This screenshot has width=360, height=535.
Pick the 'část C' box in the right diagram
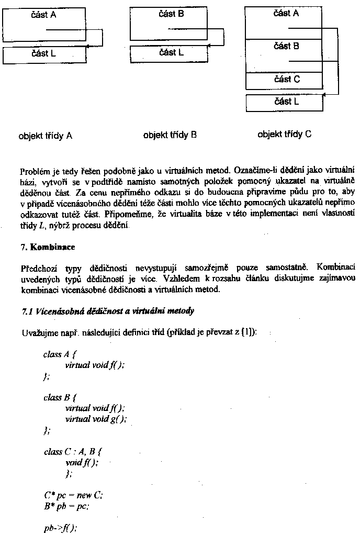[x=286, y=80]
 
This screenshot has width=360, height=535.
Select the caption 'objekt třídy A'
[x=45, y=136]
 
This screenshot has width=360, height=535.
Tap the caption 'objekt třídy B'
[x=170, y=135]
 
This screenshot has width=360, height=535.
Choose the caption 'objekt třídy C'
[x=284, y=134]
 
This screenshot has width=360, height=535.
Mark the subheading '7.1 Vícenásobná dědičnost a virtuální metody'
[x=108, y=311]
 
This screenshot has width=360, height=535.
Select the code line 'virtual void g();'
[x=96, y=419]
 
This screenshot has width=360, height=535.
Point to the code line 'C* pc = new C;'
[x=73, y=495]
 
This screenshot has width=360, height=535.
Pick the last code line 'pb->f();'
[x=60, y=528]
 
